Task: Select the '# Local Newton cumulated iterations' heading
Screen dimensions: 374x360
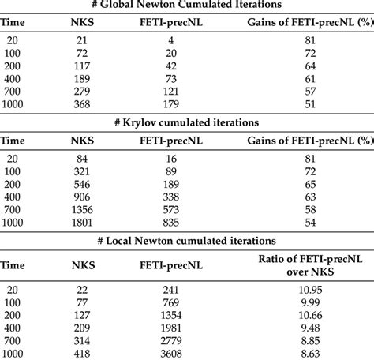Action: (187, 240)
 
